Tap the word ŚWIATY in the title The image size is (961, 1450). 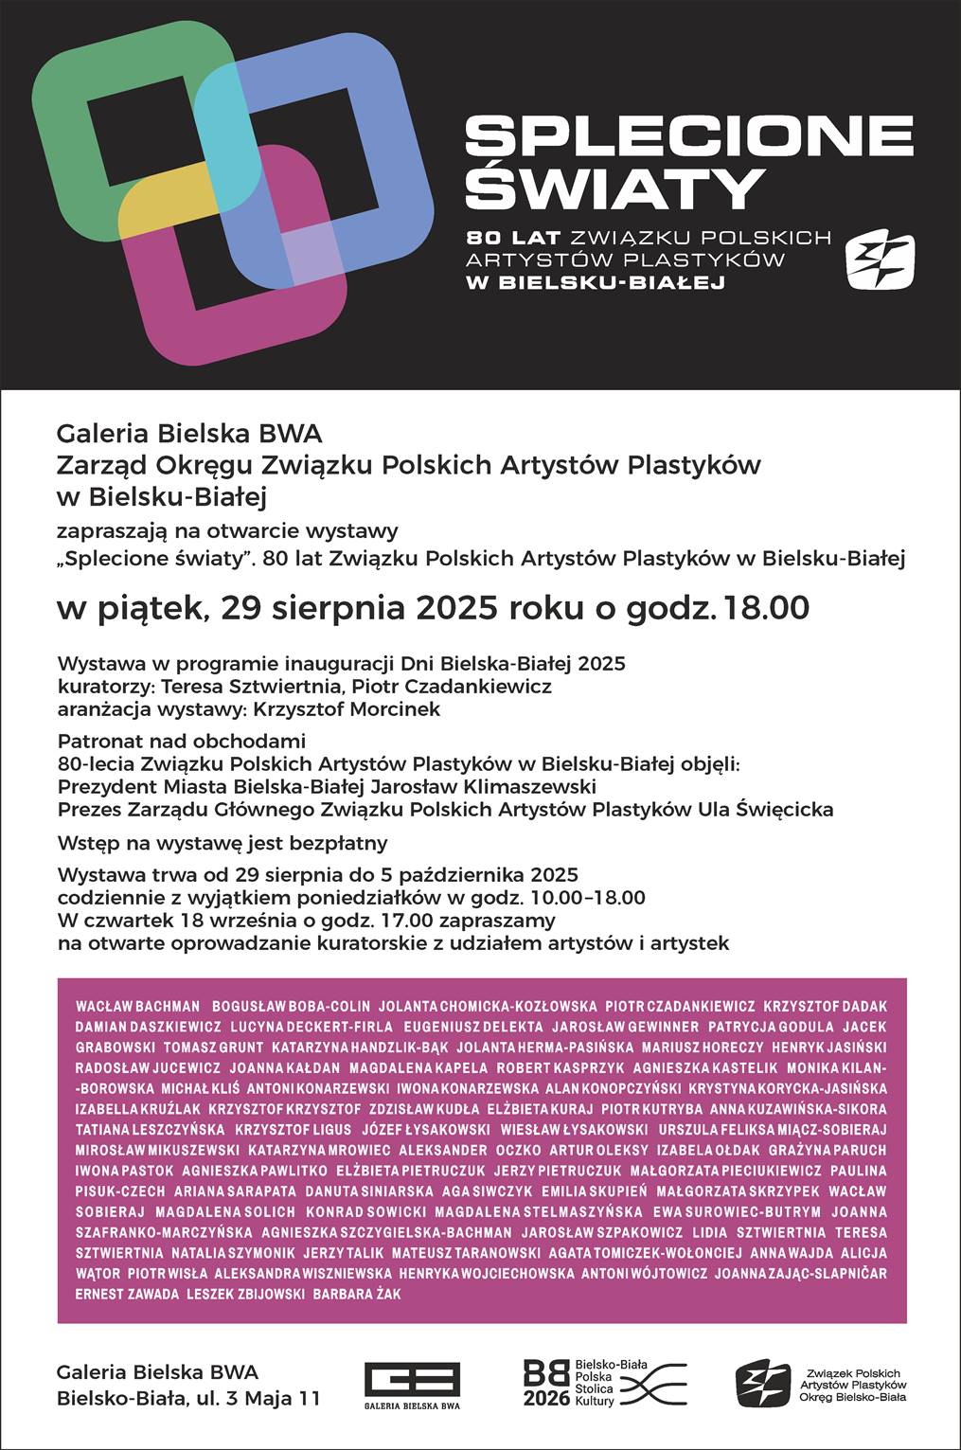pos(615,188)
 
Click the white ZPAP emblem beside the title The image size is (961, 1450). pos(880,259)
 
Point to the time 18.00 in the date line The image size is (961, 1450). pos(767,607)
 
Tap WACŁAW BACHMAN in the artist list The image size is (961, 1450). pos(138,1006)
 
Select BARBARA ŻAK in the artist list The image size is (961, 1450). pos(357,1294)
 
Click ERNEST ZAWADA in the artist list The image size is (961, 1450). pos(127,1294)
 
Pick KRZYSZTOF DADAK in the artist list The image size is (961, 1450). pos(825,1006)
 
